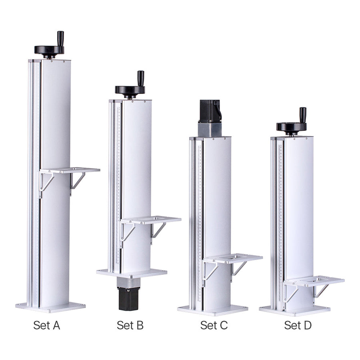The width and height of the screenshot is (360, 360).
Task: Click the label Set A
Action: [x=47, y=325]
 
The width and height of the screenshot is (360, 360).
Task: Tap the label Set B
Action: [x=130, y=325]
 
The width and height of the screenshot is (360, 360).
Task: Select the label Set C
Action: [x=214, y=325]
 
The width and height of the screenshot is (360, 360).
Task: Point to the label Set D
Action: [x=298, y=325]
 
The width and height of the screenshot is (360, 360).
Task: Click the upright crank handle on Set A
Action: [x=60, y=38]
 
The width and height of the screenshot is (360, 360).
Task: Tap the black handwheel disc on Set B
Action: [x=130, y=89]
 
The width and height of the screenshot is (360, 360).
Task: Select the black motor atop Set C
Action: [x=210, y=111]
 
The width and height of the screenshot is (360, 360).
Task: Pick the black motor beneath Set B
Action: [x=128, y=298]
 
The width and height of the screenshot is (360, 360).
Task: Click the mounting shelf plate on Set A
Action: [x=70, y=170]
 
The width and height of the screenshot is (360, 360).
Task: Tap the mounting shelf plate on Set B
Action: [x=151, y=220]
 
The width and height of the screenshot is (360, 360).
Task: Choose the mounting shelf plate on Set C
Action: [x=232, y=258]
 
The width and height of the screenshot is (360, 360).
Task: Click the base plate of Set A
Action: [x=50, y=307]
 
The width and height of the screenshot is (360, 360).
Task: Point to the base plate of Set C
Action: [x=213, y=310]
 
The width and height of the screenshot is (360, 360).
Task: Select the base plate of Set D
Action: [x=294, y=310]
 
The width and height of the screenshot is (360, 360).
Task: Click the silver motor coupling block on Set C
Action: [x=210, y=130]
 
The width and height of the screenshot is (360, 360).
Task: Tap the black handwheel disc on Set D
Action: [x=291, y=127]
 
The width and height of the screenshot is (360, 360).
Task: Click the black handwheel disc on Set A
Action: [x=49, y=50]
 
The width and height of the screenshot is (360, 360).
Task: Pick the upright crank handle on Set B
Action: [x=141, y=78]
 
